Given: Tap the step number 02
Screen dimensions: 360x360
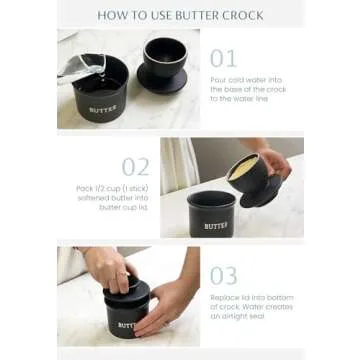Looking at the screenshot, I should click(136, 166).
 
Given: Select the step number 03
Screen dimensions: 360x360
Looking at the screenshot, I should click(225, 274).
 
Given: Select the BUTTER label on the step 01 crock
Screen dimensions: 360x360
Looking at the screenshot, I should click(103, 108).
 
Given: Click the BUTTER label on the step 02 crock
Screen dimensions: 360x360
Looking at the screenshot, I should click(216, 226).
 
